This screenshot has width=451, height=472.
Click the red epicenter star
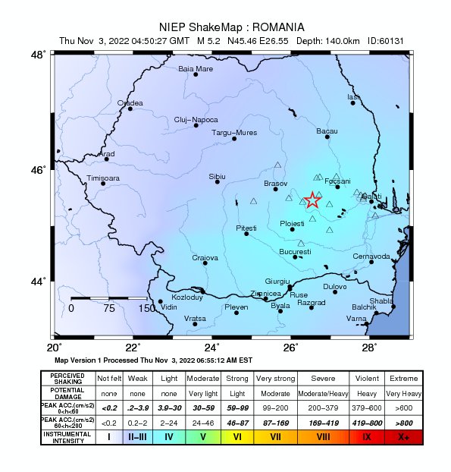click(x=312, y=200)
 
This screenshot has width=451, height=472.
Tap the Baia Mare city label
click(x=196, y=68)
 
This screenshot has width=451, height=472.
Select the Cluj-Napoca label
click(x=196, y=120)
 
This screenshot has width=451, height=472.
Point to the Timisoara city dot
click(x=104, y=183)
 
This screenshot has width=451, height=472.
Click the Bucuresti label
click(x=295, y=251)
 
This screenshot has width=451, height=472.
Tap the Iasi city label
click(x=352, y=96)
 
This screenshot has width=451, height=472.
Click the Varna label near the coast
click(x=356, y=319)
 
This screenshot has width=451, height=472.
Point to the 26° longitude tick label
click(x=291, y=348)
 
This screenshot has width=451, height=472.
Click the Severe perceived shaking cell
click(x=321, y=377)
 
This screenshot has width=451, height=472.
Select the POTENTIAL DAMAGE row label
click(x=67, y=394)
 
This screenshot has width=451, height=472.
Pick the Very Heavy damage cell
click(x=403, y=394)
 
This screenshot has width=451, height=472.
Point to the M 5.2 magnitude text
click(x=211, y=41)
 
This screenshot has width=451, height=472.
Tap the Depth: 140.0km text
click(x=321, y=41)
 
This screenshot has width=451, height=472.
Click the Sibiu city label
click(x=218, y=176)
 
